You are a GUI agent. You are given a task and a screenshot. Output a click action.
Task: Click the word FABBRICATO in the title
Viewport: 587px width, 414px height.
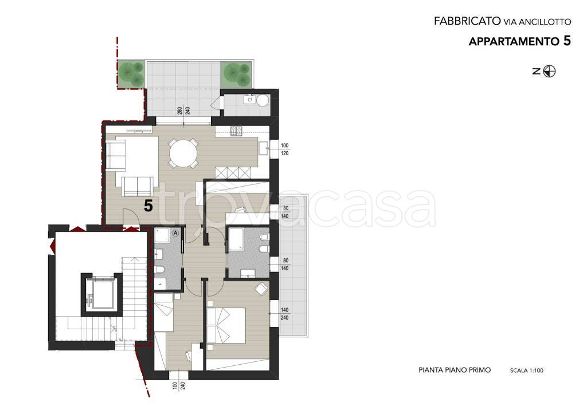pos(467,21)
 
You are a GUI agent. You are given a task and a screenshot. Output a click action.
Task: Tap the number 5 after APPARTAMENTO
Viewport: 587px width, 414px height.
pos(567,41)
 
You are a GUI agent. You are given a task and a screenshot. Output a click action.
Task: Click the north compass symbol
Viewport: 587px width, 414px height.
pos(549,71)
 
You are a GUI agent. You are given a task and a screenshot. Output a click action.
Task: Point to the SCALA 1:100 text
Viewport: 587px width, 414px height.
pos(526,370)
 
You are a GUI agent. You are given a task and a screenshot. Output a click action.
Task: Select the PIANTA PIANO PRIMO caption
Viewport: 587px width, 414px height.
pos(455,370)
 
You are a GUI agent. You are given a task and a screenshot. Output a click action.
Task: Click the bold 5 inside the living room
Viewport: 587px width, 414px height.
pos(148,206)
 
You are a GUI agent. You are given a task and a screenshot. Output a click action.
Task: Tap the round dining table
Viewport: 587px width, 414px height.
pos(183,153)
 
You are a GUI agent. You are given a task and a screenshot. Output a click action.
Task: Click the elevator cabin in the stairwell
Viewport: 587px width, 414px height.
pos(101,292)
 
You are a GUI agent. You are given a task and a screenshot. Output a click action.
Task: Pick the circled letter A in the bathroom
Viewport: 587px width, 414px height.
pos(175,232)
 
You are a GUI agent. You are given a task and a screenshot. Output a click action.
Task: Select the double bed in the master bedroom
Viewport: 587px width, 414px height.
pos(226,325)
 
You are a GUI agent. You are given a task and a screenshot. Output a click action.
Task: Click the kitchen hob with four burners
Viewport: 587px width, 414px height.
pos(236,131)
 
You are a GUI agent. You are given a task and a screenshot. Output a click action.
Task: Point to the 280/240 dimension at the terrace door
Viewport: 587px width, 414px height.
pos(184,111)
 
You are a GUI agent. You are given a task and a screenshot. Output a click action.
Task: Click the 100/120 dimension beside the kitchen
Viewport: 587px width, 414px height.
pos(284,149)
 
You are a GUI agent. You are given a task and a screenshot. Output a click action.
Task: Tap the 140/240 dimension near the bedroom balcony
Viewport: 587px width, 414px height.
pos(284,314)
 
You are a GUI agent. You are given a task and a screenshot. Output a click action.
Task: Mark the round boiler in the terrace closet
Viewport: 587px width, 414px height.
pos(263,100)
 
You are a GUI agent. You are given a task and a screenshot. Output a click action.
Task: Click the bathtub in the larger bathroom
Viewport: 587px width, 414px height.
pos(236,239)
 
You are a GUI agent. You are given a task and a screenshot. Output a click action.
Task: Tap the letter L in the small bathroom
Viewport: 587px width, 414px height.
pos(161,285)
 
